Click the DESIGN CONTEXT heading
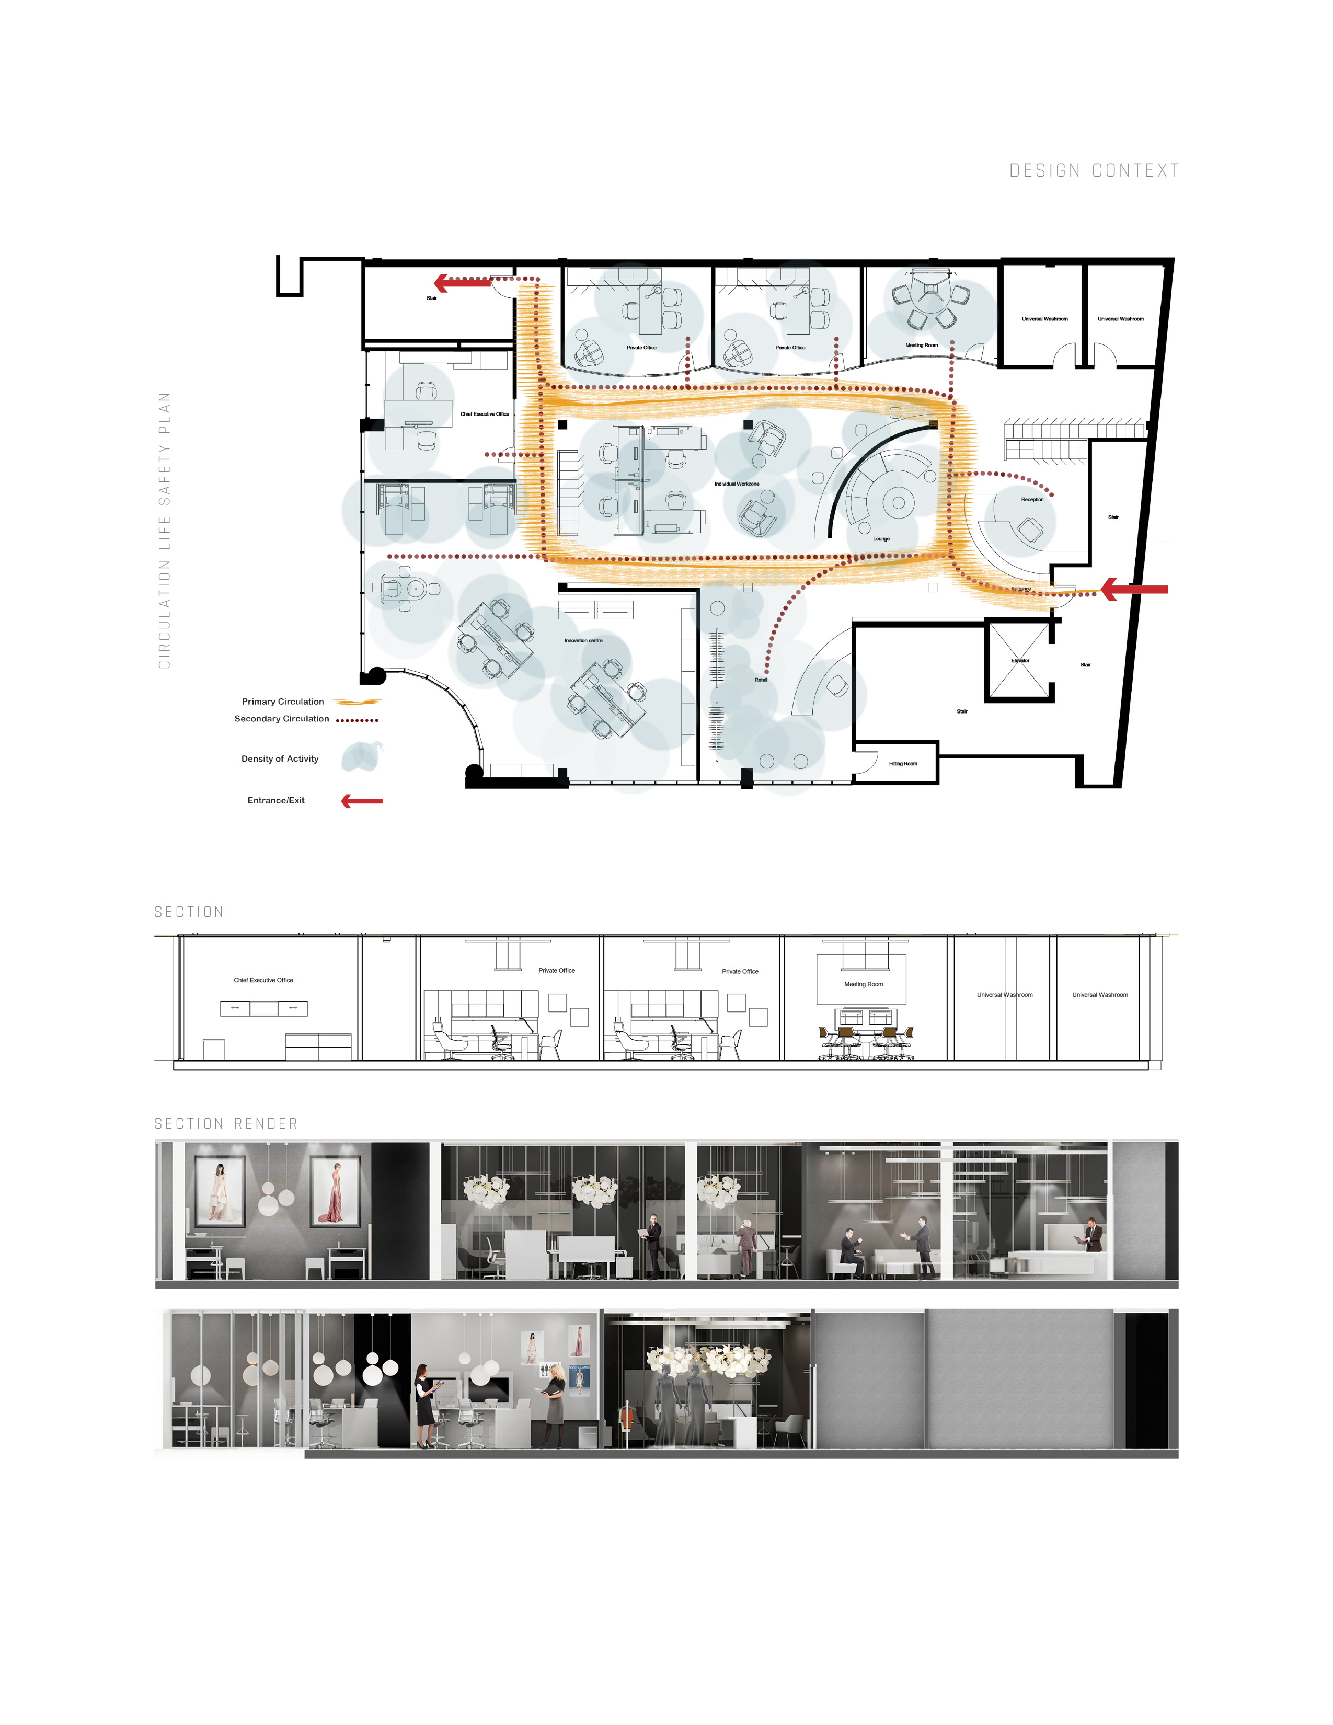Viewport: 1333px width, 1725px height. [x=1094, y=170]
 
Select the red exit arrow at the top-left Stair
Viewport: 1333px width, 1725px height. [x=462, y=281]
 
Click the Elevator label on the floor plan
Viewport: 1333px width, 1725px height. [x=1019, y=660]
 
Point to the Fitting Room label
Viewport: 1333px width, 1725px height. [x=903, y=764]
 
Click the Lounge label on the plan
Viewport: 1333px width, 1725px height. [x=881, y=538]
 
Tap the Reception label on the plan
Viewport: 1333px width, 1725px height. [x=1032, y=499]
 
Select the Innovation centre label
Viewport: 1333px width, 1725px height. [x=583, y=640]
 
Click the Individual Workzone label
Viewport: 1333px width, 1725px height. [x=737, y=484]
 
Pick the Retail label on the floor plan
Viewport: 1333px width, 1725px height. [x=761, y=679]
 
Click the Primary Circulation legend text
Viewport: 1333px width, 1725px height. [x=283, y=701]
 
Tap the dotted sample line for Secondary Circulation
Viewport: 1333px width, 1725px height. [x=357, y=720]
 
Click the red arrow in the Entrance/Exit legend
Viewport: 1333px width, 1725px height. [x=362, y=801]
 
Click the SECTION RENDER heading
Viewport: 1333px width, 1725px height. [x=226, y=1123]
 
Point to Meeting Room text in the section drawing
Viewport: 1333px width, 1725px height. [x=863, y=984]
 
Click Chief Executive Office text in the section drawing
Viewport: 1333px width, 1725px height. [x=263, y=980]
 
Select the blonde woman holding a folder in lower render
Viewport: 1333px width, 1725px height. [x=554, y=1405]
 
